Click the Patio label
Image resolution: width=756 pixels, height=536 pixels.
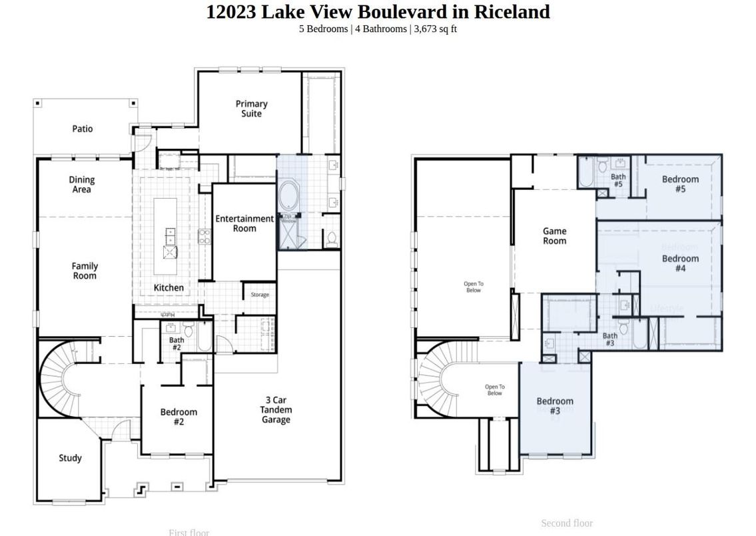(x=83, y=129)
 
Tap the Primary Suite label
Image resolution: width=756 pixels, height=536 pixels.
(x=252, y=109)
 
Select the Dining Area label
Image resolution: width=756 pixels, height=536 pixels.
(x=82, y=185)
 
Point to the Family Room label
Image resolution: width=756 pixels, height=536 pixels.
(x=85, y=271)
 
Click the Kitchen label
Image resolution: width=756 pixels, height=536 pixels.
(x=169, y=287)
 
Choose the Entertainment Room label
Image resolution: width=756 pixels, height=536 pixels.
(x=244, y=223)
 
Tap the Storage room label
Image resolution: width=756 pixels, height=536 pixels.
(x=260, y=295)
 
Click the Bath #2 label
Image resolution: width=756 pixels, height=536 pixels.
(x=177, y=344)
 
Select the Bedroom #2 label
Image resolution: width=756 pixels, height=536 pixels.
(x=179, y=417)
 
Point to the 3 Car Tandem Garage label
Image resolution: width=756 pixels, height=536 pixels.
(x=276, y=410)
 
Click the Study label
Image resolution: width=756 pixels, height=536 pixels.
(x=70, y=458)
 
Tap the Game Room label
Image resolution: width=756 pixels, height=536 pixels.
(x=554, y=236)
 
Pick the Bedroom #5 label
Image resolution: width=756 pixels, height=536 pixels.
(x=680, y=184)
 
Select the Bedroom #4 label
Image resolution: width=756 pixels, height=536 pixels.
(x=680, y=263)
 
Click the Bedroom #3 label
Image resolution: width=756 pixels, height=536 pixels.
(x=555, y=406)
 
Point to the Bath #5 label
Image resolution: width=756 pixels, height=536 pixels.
(x=618, y=181)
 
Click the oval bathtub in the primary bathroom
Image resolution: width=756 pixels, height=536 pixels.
(x=290, y=196)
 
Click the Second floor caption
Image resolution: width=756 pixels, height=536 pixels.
(x=566, y=523)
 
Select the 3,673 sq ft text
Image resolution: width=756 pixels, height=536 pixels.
(x=436, y=29)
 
